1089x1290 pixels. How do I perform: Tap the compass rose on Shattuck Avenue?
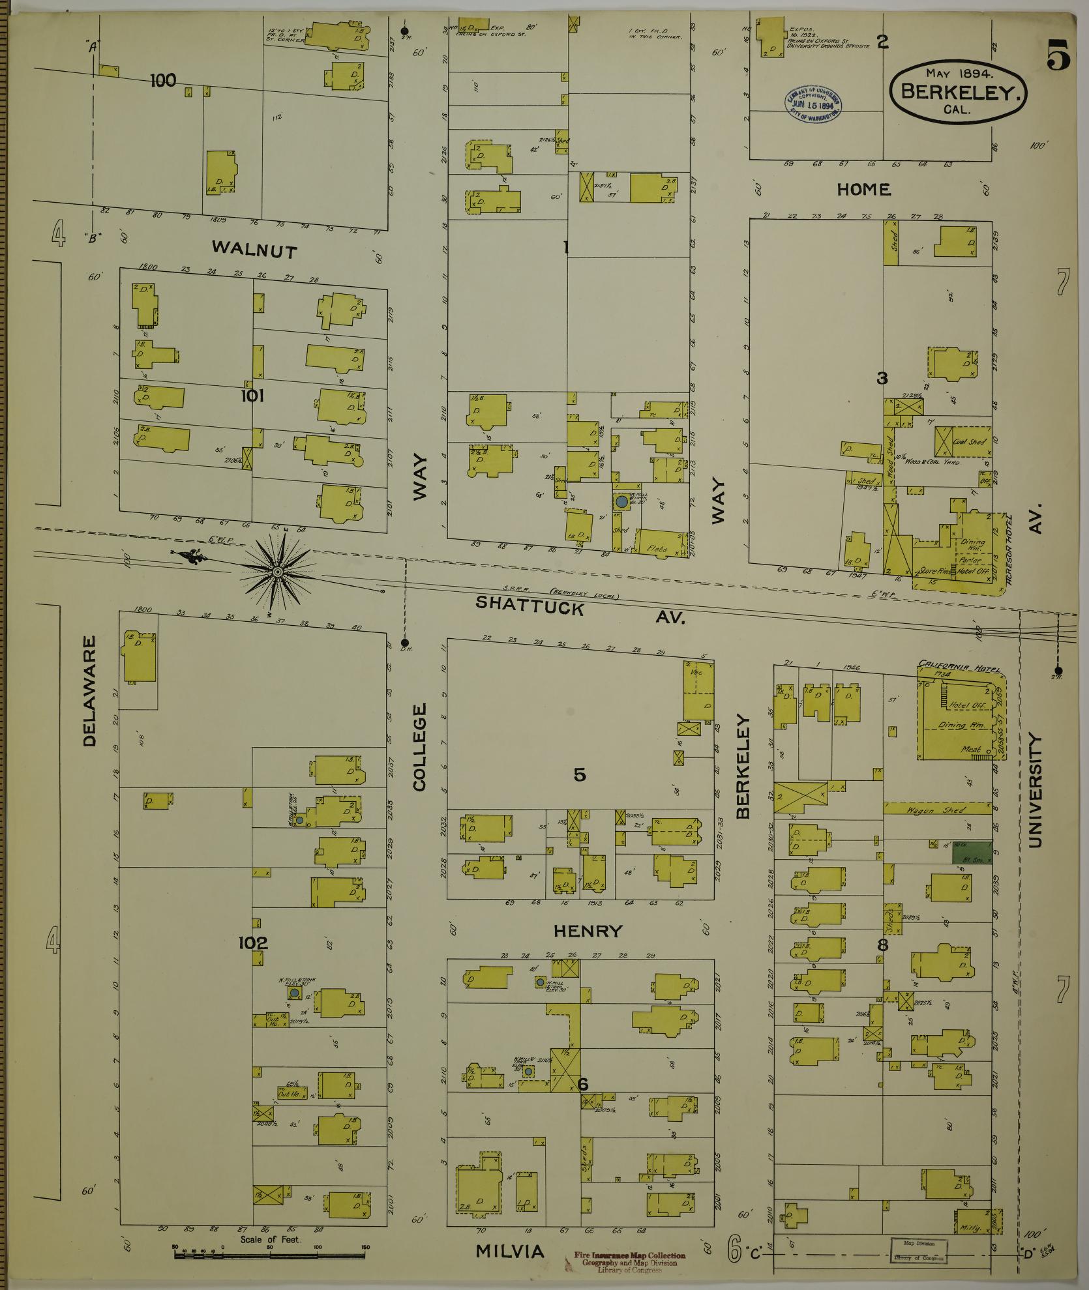point(277,572)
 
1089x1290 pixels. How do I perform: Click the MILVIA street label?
point(509,1251)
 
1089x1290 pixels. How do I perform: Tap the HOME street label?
point(864,189)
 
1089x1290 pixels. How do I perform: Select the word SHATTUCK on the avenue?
point(529,605)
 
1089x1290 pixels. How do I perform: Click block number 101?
point(252,396)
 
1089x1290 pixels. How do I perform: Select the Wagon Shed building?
point(937,809)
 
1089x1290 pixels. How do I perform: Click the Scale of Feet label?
point(270,1239)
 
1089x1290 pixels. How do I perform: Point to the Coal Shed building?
point(970,442)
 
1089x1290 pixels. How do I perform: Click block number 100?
point(162,80)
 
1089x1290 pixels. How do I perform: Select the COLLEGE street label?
point(419,747)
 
